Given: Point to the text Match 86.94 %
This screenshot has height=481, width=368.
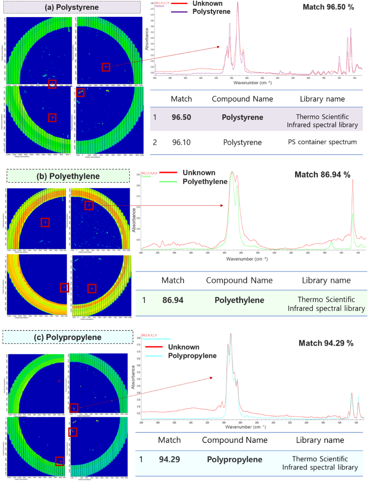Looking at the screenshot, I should (322, 175).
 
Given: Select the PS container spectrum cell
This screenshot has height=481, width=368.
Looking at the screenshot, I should (322, 142).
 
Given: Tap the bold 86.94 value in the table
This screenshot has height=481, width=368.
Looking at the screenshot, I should (173, 300).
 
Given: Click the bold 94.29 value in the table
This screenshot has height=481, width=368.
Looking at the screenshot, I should (170, 460).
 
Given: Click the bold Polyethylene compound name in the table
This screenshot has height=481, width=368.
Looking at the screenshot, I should (239, 300).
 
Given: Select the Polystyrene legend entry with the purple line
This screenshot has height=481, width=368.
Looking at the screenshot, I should (211, 12).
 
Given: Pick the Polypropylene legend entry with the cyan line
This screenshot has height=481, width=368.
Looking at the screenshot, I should (193, 356).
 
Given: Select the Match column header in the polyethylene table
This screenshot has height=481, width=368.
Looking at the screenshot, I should (173, 280).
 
